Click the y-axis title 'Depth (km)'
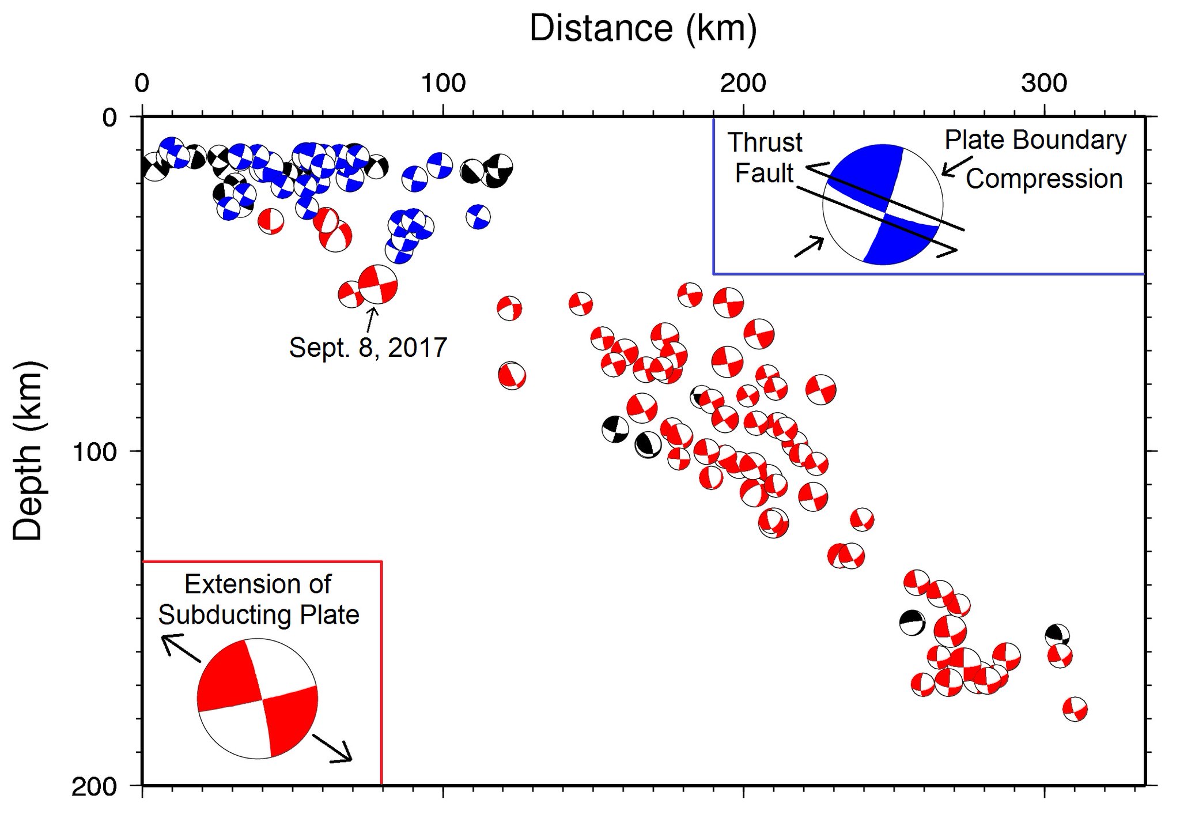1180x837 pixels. tap(27, 451)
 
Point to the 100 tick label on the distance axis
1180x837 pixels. tap(443, 84)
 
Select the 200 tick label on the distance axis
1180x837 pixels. tap(743, 84)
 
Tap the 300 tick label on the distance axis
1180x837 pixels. tap(1044, 84)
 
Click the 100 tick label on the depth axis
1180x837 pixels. tap(93, 451)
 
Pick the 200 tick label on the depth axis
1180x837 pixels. tap(93, 787)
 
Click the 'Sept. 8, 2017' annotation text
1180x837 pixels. tap(368, 348)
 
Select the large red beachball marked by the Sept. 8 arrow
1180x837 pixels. tap(377, 284)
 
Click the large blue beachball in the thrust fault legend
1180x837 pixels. tap(883, 205)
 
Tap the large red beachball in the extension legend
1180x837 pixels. tap(257, 699)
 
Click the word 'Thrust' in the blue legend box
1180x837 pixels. tap(765, 142)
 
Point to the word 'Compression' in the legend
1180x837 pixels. tap(1044, 179)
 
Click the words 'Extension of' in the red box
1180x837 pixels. tap(258, 585)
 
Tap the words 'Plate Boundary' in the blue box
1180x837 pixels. tap(1035, 140)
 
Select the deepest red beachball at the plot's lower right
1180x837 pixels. tap(1075, 709)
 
